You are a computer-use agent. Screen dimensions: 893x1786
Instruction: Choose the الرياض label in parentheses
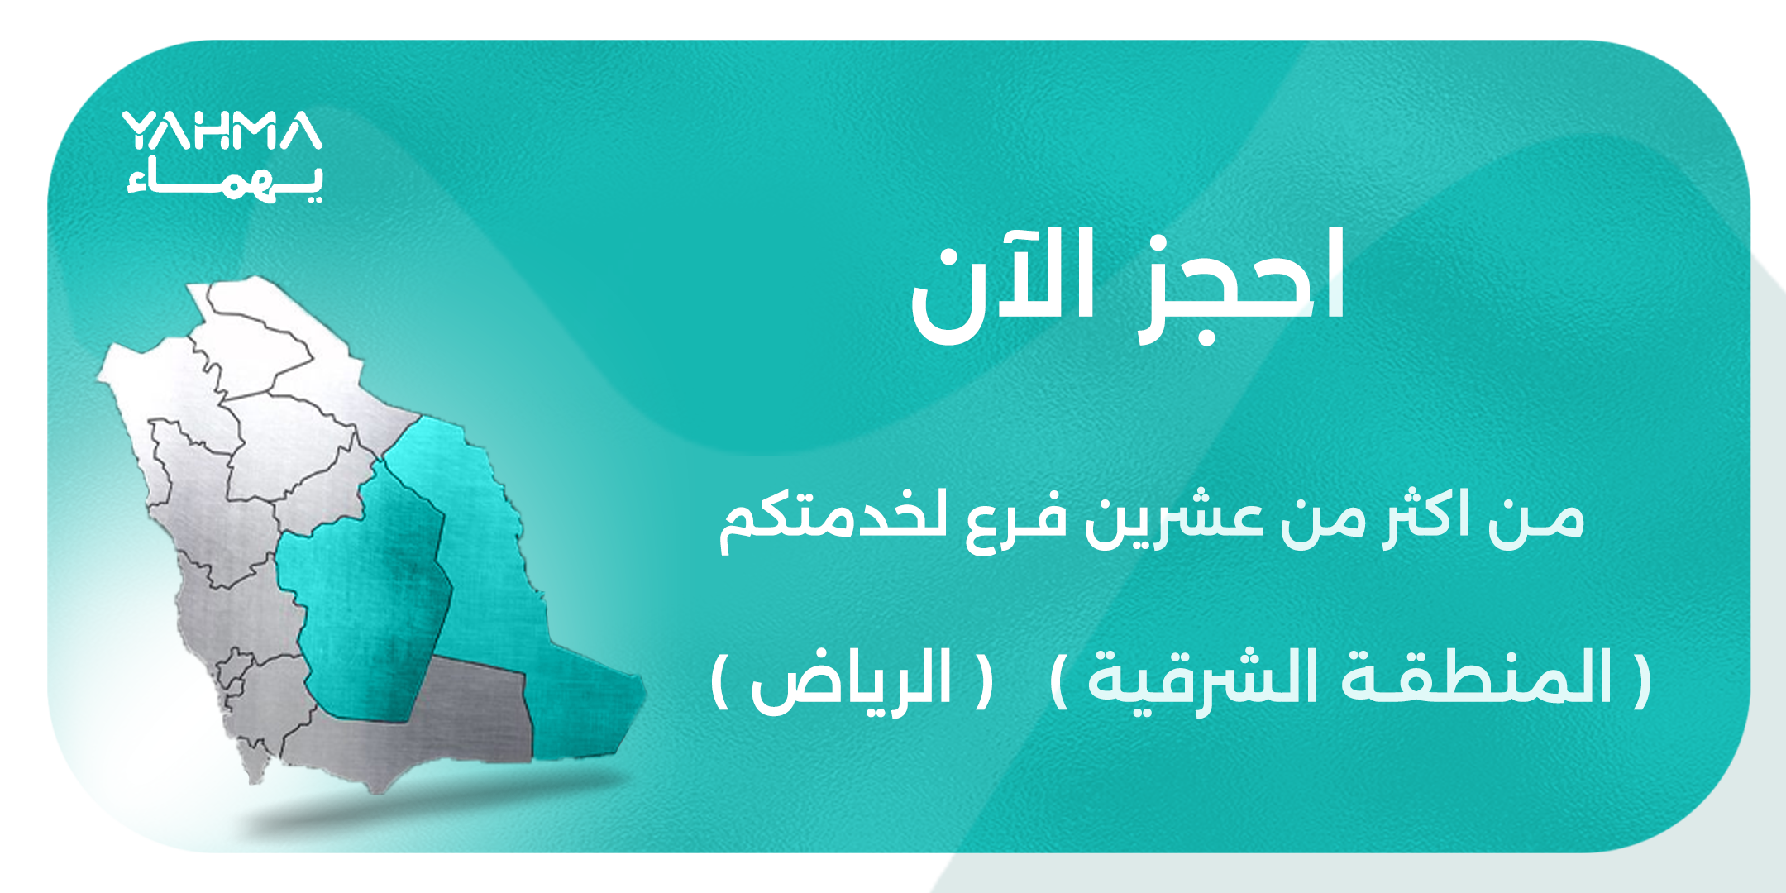852,680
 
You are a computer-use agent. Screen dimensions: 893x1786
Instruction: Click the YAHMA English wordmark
222,131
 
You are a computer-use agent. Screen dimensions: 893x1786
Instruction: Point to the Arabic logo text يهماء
225,179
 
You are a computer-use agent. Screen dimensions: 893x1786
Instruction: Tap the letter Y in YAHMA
139,131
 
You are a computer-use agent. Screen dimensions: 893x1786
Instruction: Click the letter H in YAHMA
217,131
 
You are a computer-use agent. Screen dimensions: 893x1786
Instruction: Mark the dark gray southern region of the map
463,711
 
